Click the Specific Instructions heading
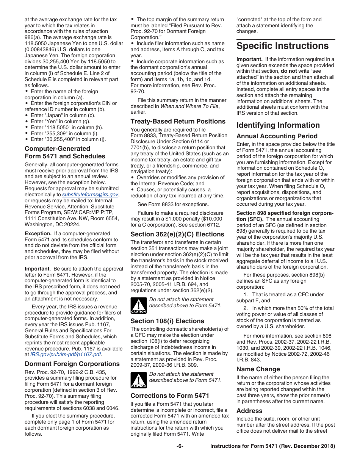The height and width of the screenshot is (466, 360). [x=283, y=46]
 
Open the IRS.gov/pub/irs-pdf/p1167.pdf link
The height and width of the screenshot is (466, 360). [x=66, y=354]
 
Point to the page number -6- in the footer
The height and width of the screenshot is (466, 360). [x=180, y=446]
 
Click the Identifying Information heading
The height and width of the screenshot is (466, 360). [x=278, y=125]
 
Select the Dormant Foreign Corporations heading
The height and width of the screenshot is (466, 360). [x=72, y=364]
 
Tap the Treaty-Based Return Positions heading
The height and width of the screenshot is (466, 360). [x=178, y=121]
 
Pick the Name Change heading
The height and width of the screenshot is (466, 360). [x=258, y=369]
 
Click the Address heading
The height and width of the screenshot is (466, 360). [x=249, y=411]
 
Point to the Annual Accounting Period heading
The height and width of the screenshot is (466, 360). [x=277, y=136]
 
